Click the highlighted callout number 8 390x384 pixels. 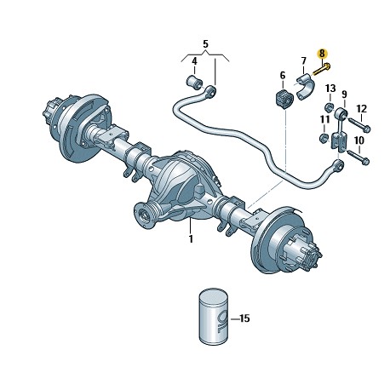[x=322, y=53]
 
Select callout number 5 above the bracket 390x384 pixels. [x=205, y=44]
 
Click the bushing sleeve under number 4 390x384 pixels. [x=194, y=81]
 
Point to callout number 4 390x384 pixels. [x=194, y=61]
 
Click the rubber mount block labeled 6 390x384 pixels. [x=284, y=99]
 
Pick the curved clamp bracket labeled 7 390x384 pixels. [x=305, y=86]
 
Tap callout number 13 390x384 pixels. [x=330, y=89]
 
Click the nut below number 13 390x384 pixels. [x=329, y=107]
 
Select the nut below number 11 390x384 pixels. [x=324, y=138]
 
